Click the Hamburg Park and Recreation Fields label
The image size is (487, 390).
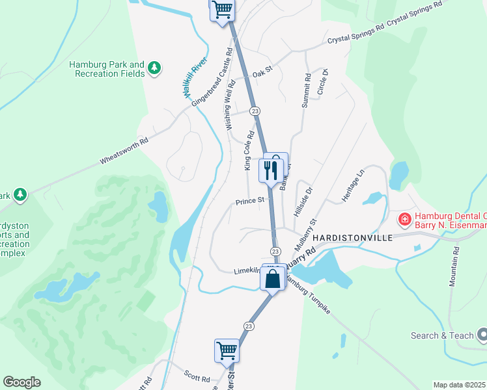point(107,69)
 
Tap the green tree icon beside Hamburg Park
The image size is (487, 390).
point(154,68)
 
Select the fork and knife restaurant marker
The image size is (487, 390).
point(270,170)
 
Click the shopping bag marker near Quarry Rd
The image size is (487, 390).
point(272,279)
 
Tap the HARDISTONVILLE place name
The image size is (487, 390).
point(353,238)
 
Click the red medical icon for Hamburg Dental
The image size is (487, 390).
point(404,220)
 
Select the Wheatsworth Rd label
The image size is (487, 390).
point(124,151)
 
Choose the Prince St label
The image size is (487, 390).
point(250,200)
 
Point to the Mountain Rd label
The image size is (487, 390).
point(454,266)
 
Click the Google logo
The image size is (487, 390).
point(21,382)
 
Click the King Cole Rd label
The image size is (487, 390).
point(248,151)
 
